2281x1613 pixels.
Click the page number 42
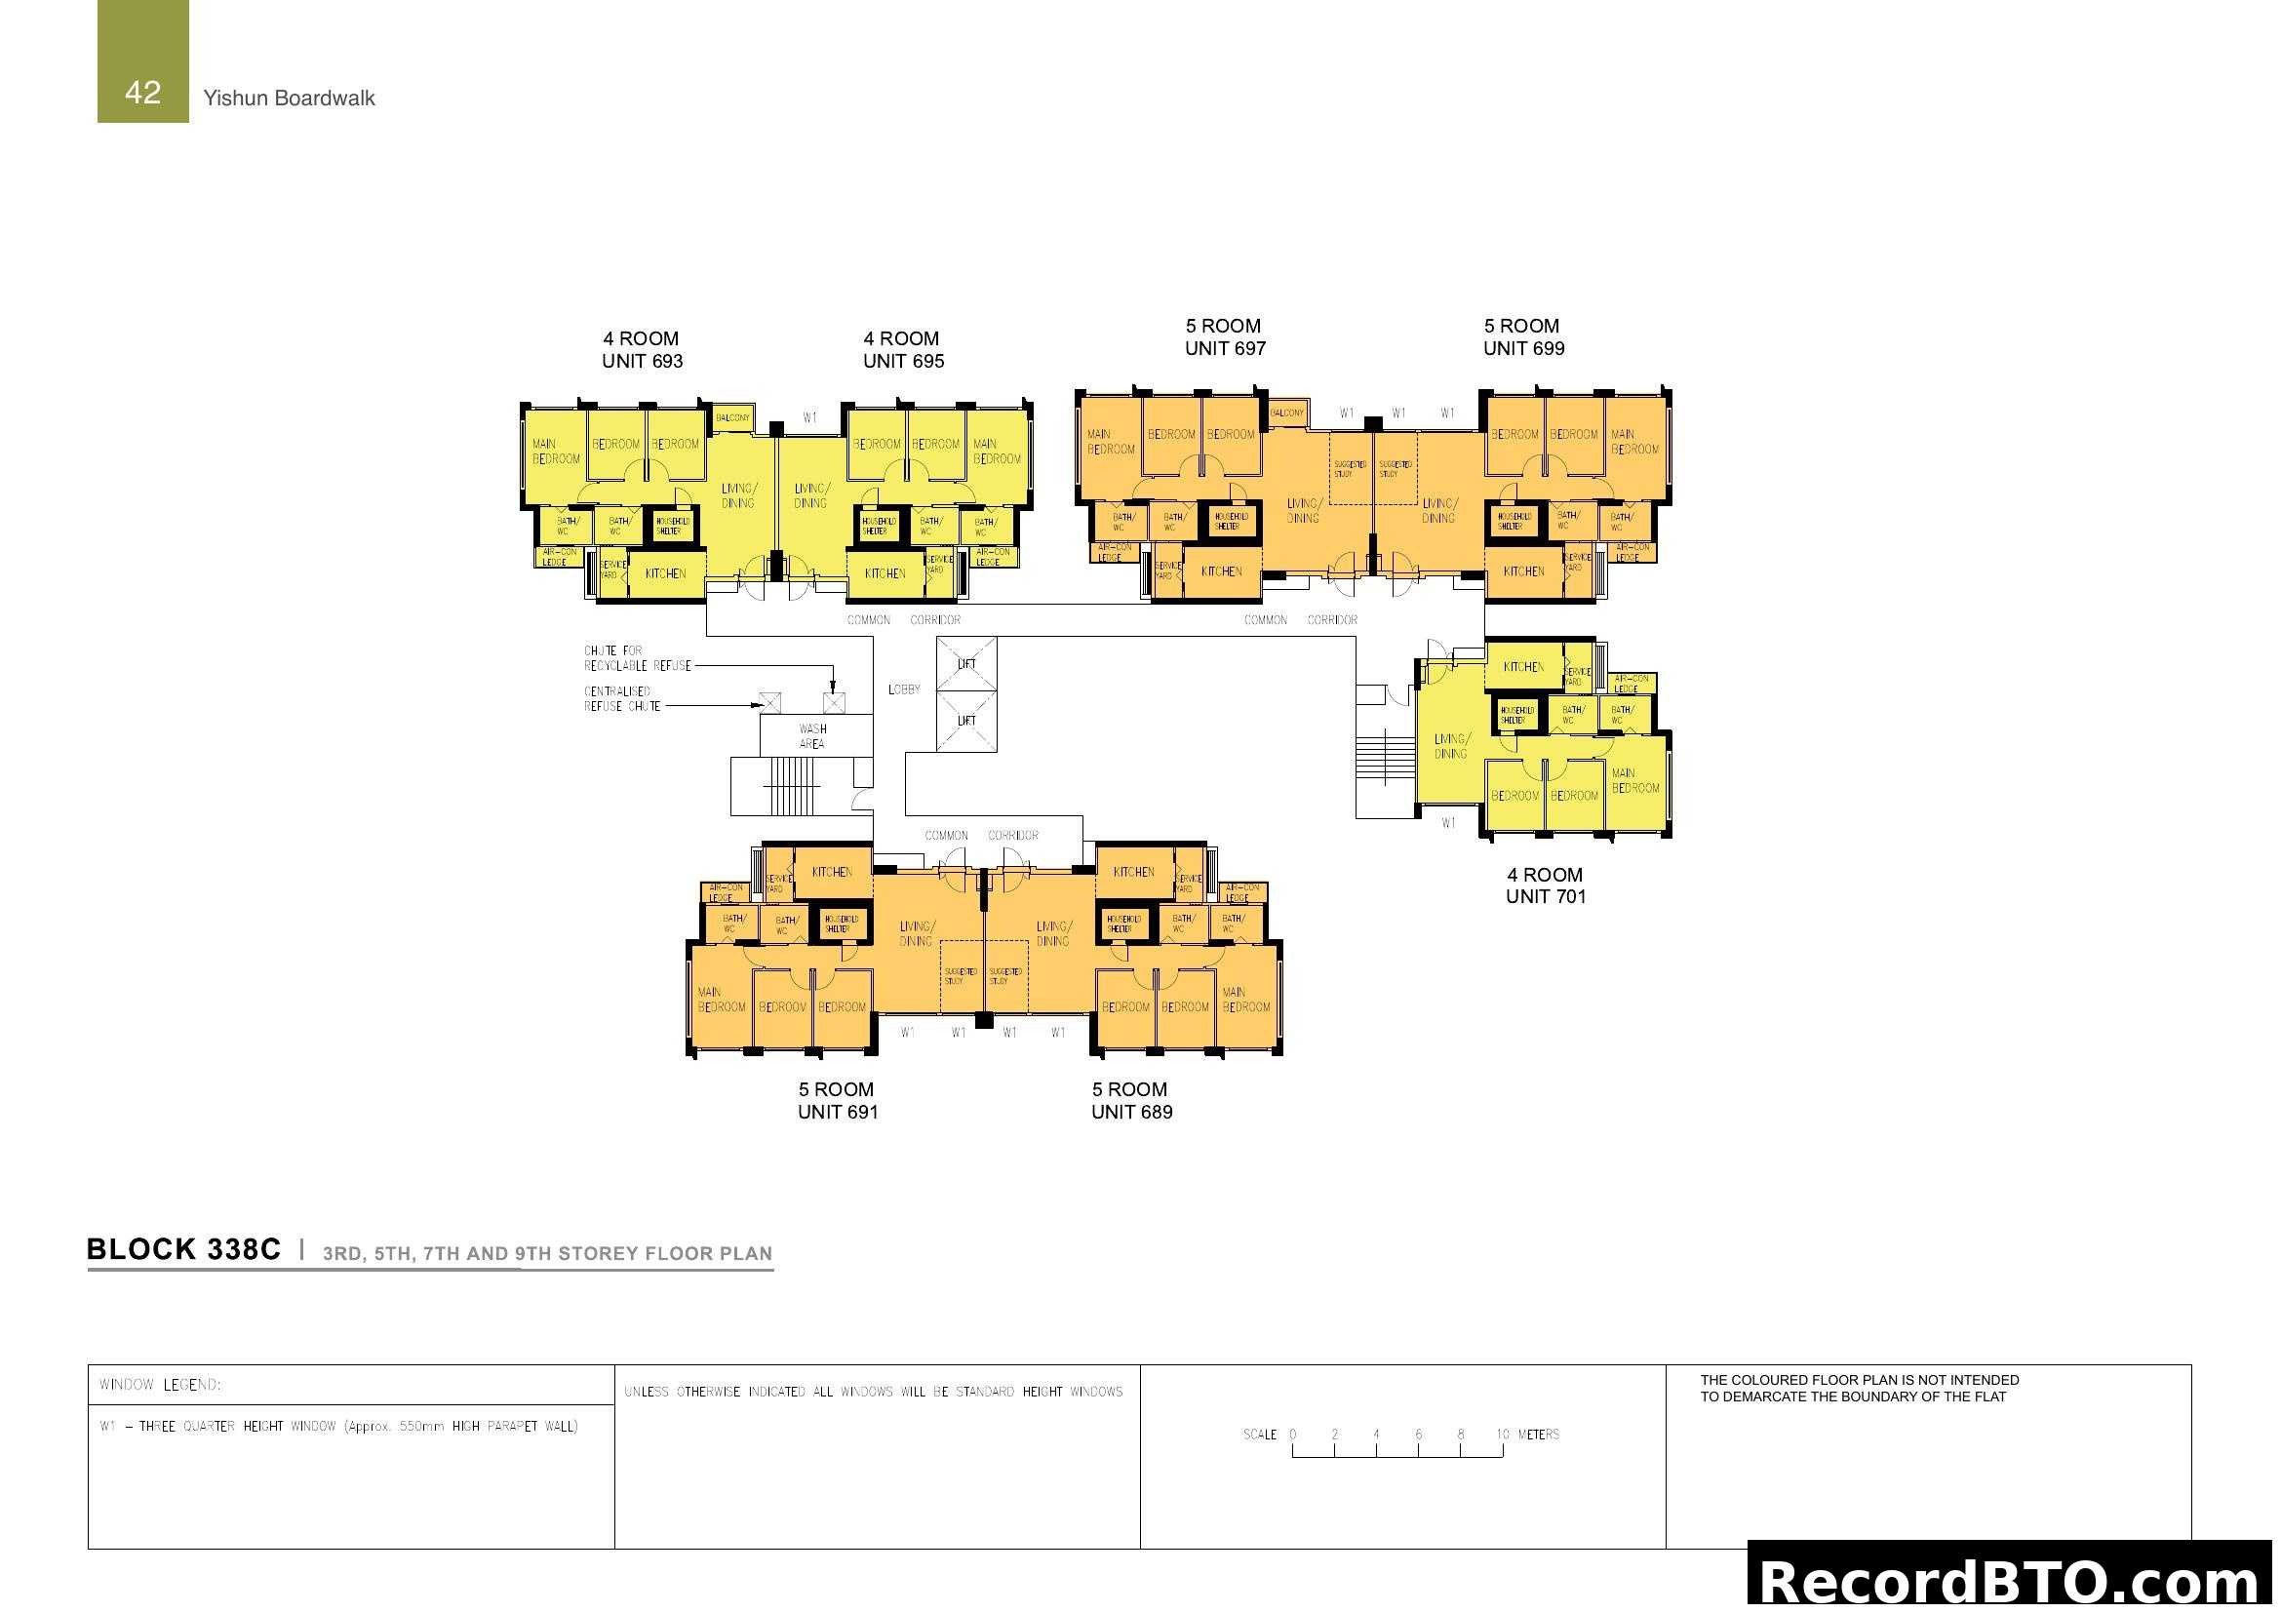143,93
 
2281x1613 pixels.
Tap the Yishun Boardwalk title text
289,98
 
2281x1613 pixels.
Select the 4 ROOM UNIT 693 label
642,350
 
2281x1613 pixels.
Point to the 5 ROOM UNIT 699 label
1523,336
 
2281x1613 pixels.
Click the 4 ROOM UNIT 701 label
1545,885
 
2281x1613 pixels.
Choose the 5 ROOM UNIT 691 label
838,1100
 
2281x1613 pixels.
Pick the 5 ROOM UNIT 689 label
1131,1100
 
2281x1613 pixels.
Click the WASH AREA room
813,736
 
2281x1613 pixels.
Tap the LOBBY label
904,689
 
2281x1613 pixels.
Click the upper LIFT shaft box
966,663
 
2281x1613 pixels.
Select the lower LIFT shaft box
966,722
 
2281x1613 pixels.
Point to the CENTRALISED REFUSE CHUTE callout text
621,699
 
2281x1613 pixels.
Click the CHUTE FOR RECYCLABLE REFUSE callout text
637,658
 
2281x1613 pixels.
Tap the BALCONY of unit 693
733,418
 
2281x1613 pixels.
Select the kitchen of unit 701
1523,666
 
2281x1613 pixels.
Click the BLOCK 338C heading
183,1249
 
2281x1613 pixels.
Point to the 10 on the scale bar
1502,1435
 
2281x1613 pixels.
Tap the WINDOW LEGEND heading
160,1385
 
